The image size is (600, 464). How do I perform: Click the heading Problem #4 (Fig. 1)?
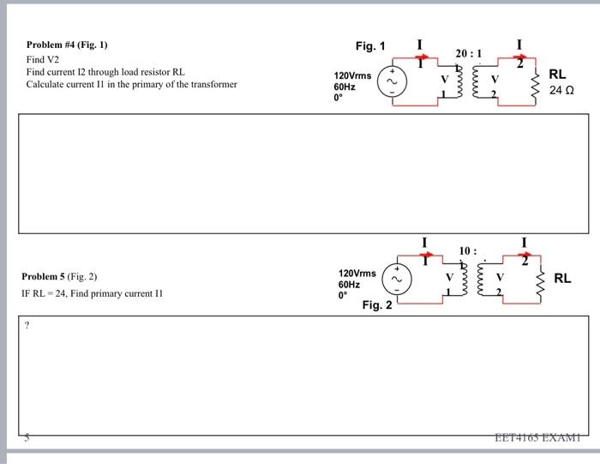click(x=67, y=45)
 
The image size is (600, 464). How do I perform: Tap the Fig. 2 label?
click(x=377, y=304)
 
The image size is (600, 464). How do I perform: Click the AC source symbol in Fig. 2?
click(x=397, y=279)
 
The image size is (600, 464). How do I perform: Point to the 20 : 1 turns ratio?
click(x=468, y=53)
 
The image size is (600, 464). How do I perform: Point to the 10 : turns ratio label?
click(x=467, y=250)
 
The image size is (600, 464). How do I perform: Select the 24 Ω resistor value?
click(x=561, y=90)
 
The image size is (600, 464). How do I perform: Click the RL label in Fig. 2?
click(x=562, y=279)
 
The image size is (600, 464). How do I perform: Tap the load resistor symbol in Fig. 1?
click(x=537, y=84)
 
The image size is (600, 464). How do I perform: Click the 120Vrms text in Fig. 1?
click(x=352, y=76)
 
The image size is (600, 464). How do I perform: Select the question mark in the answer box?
click(x=28, y=325)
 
